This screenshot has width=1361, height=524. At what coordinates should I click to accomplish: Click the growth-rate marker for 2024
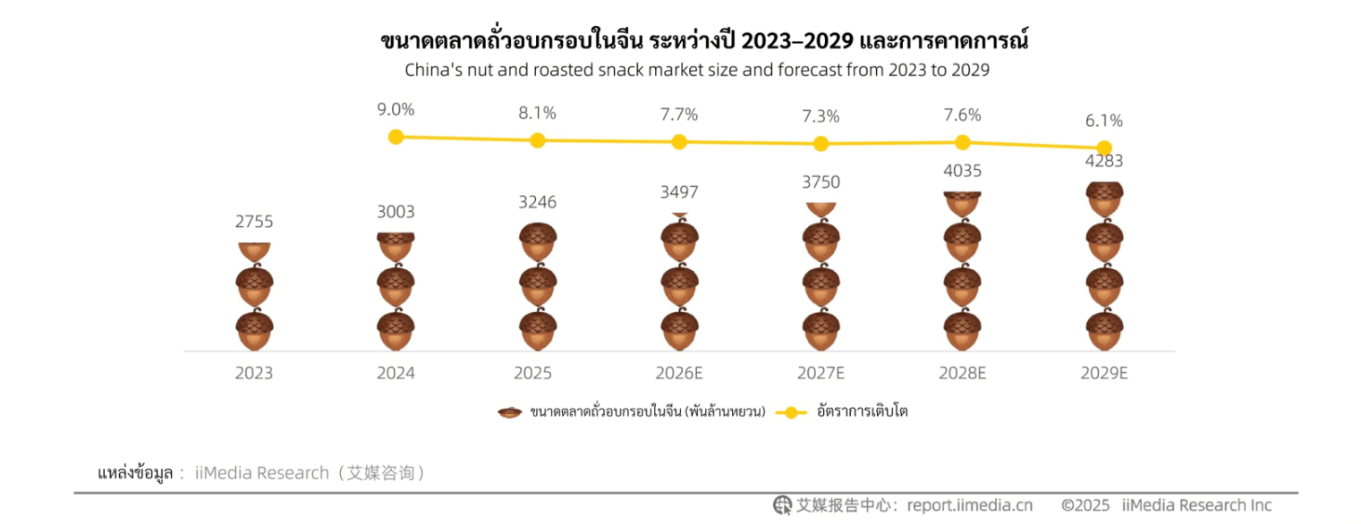click(396, 137)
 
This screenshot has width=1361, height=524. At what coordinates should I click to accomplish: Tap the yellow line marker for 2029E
click(1104, 148)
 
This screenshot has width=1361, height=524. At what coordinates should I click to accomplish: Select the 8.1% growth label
click(537, 113)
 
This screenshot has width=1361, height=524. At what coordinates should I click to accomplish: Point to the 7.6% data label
click(962, 114)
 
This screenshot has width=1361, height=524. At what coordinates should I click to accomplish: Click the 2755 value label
click(254, 222)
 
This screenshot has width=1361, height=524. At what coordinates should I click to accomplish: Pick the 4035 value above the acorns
click(962, 171)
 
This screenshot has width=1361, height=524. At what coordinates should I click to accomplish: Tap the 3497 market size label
click(679, 192)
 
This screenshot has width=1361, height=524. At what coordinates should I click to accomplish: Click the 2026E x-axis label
click(679, 374)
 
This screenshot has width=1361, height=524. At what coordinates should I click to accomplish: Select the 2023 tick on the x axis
click(254, 374)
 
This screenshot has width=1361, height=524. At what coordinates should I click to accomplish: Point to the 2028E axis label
click(962, 374)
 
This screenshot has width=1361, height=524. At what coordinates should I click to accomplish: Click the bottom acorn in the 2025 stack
click(538, 331)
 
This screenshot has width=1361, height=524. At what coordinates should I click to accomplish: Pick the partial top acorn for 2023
click(254, 251)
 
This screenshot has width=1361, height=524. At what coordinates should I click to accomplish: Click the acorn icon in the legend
click(510, 412)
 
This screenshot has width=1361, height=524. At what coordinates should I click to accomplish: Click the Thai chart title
click(704, 41)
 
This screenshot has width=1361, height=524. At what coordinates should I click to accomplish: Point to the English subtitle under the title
click(697, 70)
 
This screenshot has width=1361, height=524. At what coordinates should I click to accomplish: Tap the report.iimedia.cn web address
click(969, 505)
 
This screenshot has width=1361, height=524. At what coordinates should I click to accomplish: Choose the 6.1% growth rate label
click(1104, 121)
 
